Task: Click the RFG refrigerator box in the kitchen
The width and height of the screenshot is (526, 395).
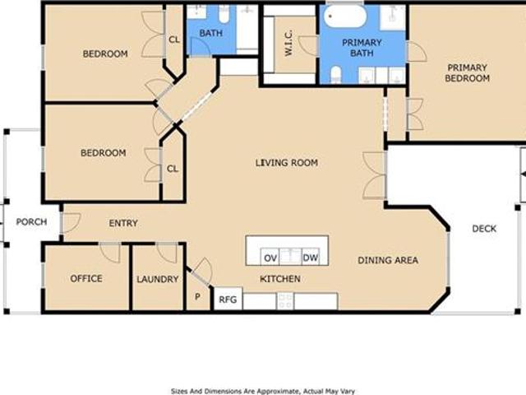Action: click(228, 299)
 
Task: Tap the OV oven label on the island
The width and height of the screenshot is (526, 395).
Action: click(270, 258)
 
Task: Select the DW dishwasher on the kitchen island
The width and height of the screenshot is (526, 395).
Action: click(311, 258)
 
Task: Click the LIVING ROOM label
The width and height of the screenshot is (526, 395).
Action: click(287, 163)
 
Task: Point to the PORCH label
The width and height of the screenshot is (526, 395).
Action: click(31, 221)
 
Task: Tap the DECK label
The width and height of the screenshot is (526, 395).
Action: click(484, 229)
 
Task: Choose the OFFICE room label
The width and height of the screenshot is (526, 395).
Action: click(86, 278)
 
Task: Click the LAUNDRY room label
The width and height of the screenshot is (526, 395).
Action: click(157, 279)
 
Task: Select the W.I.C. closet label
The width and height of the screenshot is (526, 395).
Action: click(288, 43)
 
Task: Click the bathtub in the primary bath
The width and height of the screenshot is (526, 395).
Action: click(345, 16)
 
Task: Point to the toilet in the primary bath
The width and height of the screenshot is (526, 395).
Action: click(336, 75)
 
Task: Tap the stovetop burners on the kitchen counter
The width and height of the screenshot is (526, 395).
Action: click(285, 301)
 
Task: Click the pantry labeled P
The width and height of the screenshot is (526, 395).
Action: click(197, 296)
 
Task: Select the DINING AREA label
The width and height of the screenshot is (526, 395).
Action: click(388, 260)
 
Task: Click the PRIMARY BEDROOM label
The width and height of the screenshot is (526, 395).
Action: click(468, 73)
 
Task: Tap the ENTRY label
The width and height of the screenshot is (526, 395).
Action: click(123, 223)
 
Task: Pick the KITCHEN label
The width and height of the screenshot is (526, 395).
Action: click(280, 279)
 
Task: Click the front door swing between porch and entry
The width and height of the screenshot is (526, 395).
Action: click(72, 222)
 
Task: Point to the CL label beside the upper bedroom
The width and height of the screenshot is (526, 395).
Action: click(174, 39)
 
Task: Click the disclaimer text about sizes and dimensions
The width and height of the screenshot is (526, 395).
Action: click(263, 391)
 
